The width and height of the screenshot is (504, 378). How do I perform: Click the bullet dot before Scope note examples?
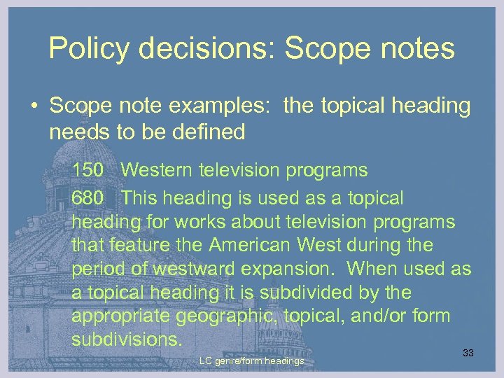point(34,106)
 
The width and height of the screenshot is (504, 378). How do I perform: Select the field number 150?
point(87,170)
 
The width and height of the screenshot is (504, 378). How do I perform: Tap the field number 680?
point(87,198)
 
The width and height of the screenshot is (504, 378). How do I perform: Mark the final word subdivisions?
point(127,339)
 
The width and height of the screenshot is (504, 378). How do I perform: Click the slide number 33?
point(468,353)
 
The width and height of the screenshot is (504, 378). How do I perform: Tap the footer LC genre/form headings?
point(251,361)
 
